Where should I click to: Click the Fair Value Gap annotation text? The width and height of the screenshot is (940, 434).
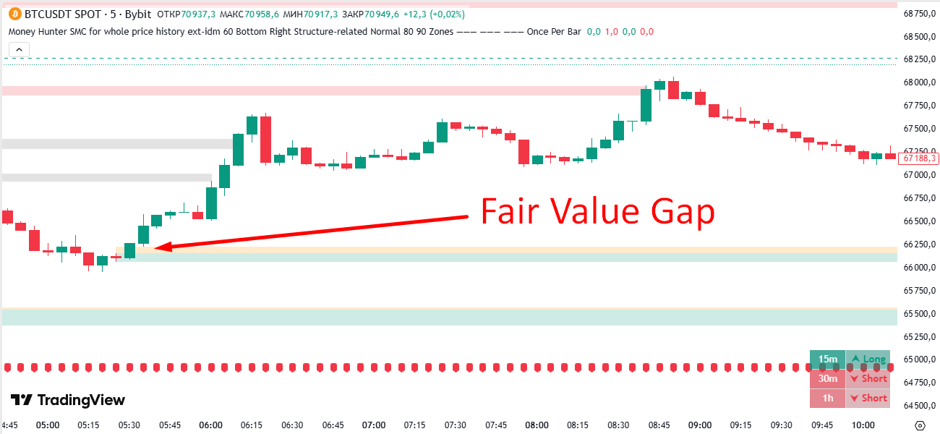597,213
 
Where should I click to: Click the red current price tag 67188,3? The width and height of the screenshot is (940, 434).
920,158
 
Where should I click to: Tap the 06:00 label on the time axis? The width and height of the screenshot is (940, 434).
210,425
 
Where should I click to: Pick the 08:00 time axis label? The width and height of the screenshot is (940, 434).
537,425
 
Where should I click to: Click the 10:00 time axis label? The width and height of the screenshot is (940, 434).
863,425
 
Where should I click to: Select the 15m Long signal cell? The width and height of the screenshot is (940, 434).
868,359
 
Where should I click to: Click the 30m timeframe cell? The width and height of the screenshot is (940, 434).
828,378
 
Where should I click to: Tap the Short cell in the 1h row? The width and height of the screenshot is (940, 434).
868,398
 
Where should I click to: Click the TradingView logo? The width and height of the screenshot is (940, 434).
67,400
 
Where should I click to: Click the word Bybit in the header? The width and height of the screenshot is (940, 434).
136,14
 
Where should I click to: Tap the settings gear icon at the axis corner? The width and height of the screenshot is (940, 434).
920,425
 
